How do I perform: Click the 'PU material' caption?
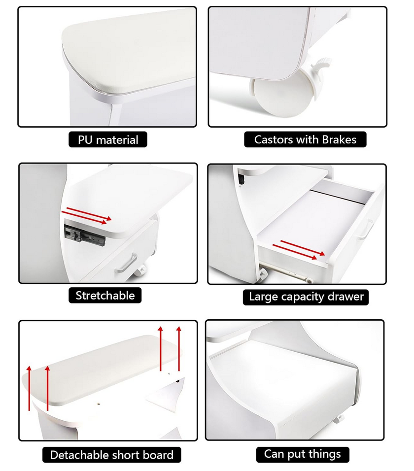(x=108, y=140)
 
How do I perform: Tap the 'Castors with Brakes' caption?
(x=305, y=139)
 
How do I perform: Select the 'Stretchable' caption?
(x=105, y=295)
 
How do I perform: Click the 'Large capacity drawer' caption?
(x=306, y=297)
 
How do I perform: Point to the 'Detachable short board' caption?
(x=111, y=455)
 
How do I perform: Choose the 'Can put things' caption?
(x=303, y=454)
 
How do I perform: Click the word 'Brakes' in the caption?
(x=339, y=139)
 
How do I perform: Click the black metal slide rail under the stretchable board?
(x=85, y=235)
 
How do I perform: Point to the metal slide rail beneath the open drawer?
(x=285, y=272)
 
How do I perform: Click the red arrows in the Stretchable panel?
(x=87, y=215)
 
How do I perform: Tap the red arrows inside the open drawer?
(x=299, y=250)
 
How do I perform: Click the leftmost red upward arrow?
(x=29, y=388)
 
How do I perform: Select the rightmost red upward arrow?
(x=179, y=349)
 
